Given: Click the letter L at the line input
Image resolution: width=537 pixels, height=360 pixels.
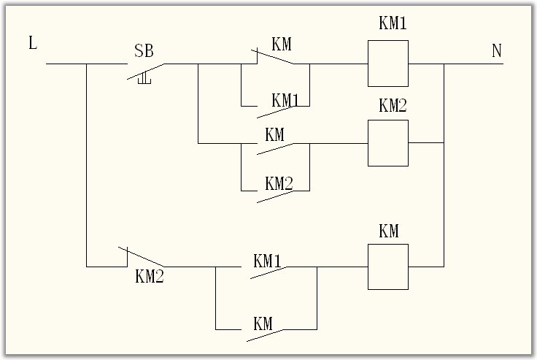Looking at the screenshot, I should [x=33, y=42].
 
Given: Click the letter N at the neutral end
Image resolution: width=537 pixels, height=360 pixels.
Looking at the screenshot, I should [x=497, y=51].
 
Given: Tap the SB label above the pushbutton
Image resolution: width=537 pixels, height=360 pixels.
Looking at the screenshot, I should [x=144, y=51].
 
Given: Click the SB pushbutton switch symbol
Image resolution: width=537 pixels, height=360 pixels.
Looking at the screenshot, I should [x=145, y=71].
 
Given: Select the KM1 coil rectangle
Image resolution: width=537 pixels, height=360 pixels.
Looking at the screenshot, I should [x=387, y=64].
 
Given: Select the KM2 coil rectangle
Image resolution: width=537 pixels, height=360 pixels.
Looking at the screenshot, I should [x=387, y=143].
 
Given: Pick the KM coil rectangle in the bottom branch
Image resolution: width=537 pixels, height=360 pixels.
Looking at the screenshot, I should [x=387, y=267].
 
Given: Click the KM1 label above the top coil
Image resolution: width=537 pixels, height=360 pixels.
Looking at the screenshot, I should [x=392, y=23].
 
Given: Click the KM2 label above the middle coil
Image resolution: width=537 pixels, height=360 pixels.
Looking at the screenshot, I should [x=392, y=105].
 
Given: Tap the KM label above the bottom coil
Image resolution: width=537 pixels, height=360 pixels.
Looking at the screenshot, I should [x=389, y=231].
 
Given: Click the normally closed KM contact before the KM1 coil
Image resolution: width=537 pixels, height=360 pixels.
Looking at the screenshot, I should [x=274, y=58].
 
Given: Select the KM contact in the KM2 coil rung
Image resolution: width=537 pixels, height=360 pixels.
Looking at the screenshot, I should [x=274, y=148].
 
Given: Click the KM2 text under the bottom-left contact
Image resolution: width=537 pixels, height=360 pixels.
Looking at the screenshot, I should [x=150, y=277].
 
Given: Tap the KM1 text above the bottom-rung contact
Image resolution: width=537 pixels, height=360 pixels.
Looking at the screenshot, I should [x=268, y=260].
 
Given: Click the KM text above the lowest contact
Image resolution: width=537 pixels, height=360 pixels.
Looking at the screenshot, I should [x=263, y=323].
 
